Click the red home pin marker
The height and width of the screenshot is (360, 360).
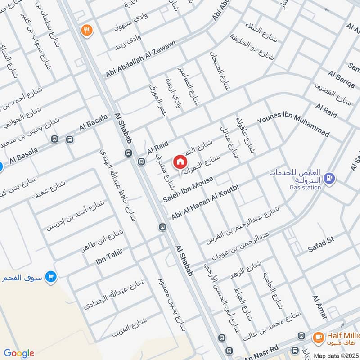[x=180, y=162]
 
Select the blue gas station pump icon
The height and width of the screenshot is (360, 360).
[x=331, y=178]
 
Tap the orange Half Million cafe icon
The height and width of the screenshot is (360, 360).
[x=318, y=337]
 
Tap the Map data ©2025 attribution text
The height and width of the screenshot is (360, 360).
[x=336, y=355]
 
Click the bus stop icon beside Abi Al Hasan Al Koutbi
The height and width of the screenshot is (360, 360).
[x=162, y=227]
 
